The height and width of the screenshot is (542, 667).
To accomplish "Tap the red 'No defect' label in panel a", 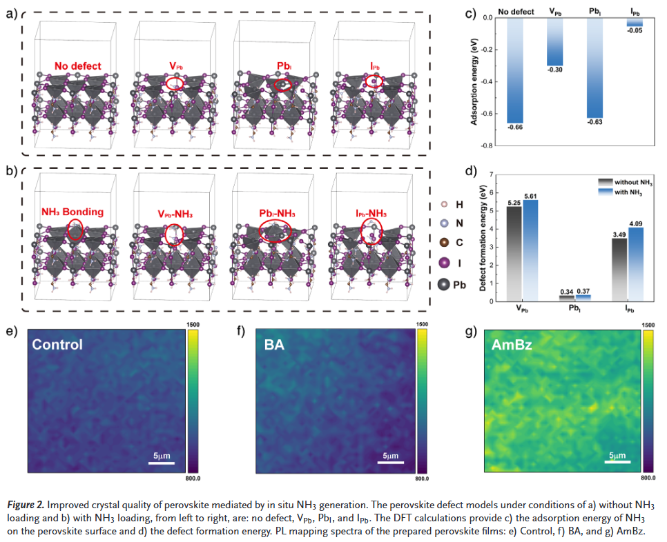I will (x=78, y=67).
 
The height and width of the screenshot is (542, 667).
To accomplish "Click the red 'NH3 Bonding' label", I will (x=72, y=212).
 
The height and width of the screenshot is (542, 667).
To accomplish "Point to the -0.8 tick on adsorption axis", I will (x=492, y=146).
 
